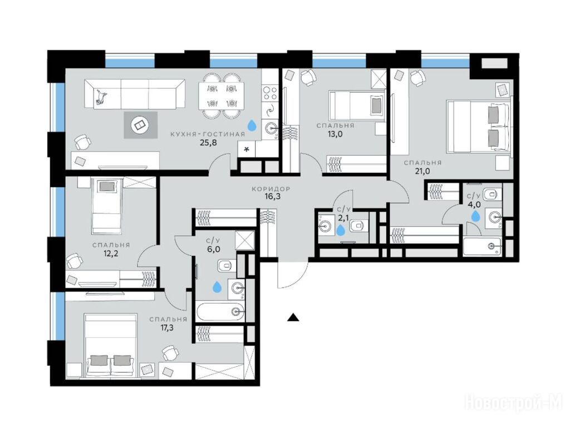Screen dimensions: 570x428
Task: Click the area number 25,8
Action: click(208, 143)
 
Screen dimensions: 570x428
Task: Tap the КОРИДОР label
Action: click(271, 189)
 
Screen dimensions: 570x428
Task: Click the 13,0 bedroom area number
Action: click(335, 134)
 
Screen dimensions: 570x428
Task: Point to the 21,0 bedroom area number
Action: click(422, 171)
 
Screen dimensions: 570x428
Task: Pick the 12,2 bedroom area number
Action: click(111, 254)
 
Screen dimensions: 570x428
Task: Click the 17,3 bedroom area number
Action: click(168, 328)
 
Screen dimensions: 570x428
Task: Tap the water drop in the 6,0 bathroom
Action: click(217, 287)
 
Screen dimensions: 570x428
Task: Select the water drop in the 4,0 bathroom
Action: click(475, 216)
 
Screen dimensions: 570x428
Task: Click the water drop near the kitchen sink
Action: click(252, 125)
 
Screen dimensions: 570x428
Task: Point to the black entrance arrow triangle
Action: click(293, 317)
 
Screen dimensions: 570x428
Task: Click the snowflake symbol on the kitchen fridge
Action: click(247, 149)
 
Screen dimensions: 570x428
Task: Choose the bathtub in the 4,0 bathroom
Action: click(482, 246)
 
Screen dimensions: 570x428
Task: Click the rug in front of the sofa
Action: click(140, 125)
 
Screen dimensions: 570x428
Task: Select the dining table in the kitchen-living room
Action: click(221, 96)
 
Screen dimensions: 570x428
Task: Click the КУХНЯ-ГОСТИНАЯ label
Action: click(208, 134)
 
